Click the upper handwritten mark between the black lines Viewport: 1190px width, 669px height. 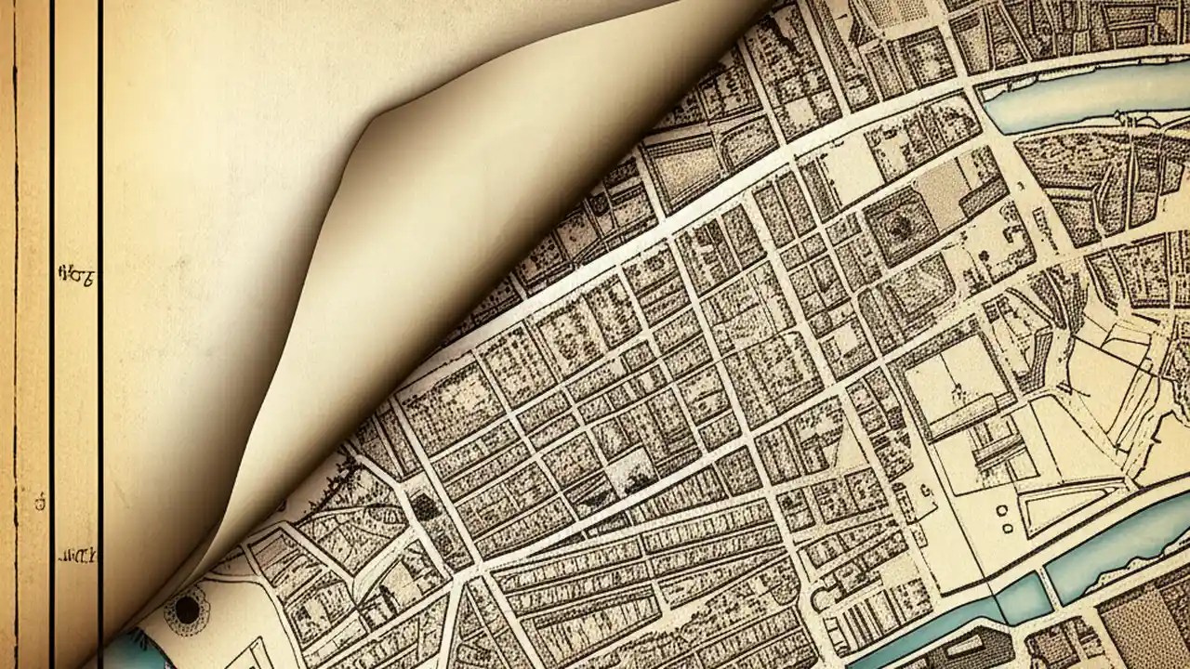pyautogui.click(x=76, y=273)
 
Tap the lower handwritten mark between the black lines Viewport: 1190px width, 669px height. pyautogui.click(x=76, y=557)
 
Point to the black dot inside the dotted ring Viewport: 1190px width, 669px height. pyautogui.click(x=187, y=610)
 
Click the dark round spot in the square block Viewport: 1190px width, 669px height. pyautogui.click(x=900, y=223)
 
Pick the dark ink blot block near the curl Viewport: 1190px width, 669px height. pyautogui.click(x=425, y=507)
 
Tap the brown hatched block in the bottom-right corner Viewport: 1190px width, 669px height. pyautogui.click(x=1148, y=632)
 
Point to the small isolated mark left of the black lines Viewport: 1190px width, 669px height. pyautogui.click(x=40, y=503)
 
